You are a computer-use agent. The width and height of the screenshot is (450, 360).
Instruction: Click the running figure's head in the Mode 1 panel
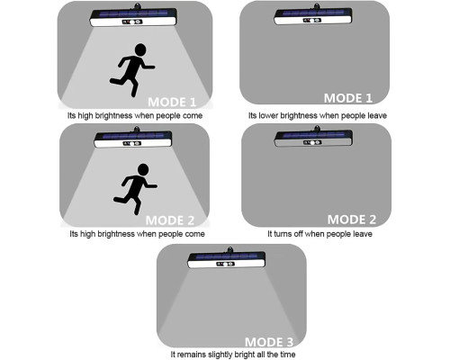[140, 49]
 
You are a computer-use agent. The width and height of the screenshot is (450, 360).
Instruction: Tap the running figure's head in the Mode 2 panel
[143, 169]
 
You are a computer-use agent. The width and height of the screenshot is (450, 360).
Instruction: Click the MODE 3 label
[269, 342]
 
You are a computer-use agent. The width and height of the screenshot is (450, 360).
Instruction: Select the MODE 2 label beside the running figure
[170, 220]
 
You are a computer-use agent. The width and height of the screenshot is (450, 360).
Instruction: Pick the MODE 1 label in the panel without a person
[348, 98]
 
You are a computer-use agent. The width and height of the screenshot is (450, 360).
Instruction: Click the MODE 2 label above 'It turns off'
[352, 220]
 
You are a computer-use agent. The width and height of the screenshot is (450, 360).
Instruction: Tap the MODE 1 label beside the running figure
[172, 103]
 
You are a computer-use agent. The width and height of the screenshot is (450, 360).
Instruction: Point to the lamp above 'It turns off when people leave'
[313, 137]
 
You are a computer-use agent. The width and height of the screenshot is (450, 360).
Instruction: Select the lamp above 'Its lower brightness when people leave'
[313, 14]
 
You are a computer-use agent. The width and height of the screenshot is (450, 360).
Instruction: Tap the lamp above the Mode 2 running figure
[133, 138]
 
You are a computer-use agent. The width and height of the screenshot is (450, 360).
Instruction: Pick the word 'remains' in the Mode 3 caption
[194, 355]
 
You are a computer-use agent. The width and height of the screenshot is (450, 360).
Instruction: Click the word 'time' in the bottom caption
[287, 355]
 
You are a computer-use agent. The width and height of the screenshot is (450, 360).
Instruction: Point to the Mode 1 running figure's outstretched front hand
[152, 67]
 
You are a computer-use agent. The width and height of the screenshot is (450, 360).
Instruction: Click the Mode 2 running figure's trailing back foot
[116, 199]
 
